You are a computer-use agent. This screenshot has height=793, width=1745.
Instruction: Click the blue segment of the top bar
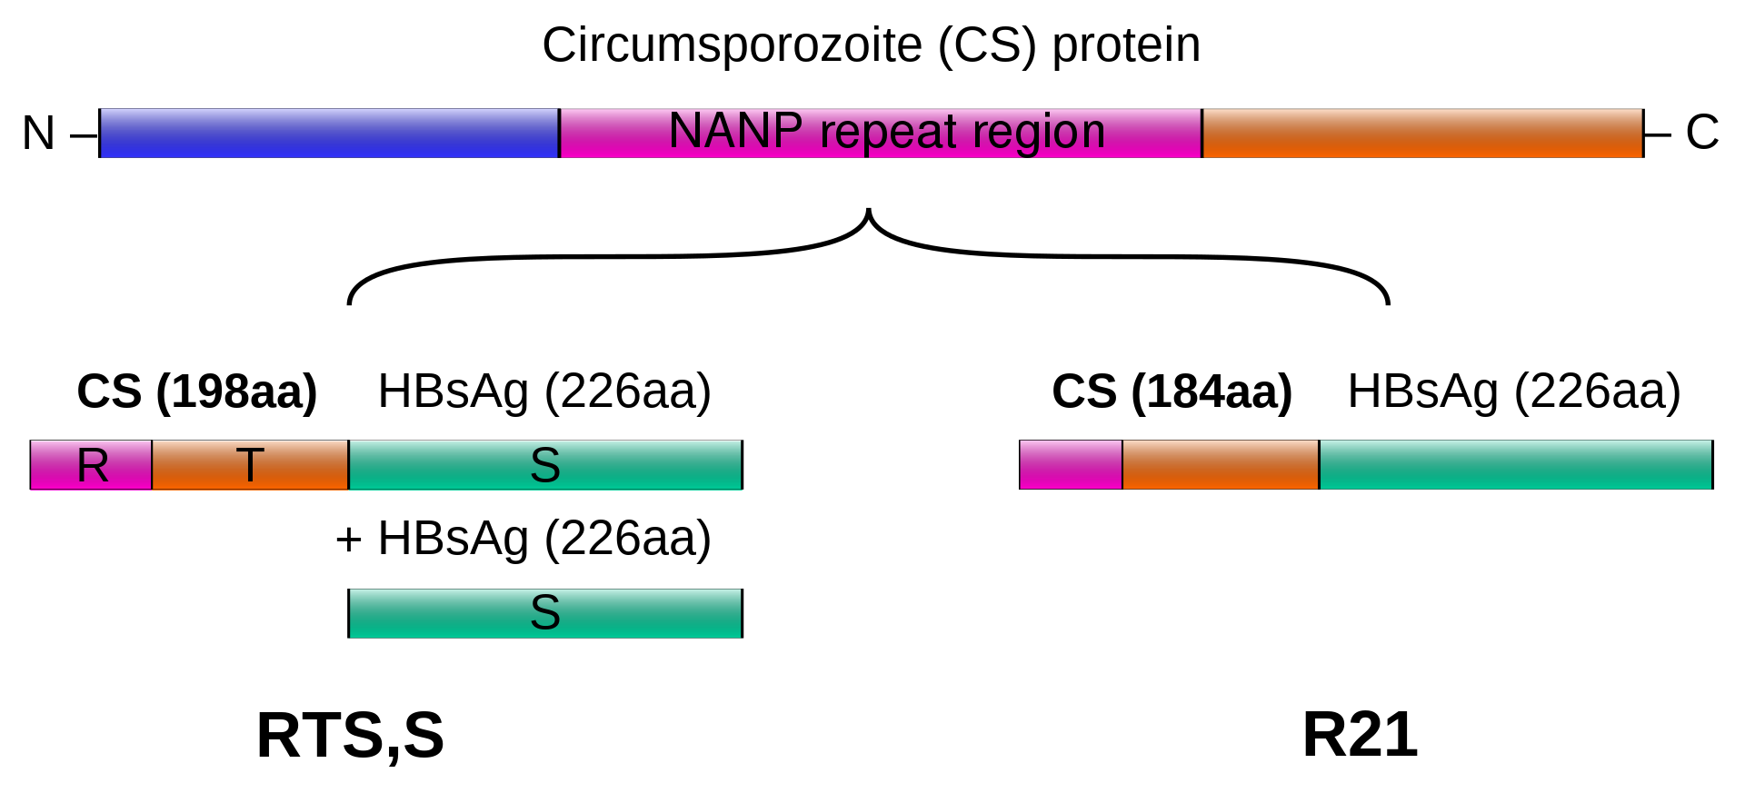[x=329, y=134]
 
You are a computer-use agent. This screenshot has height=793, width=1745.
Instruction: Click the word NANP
[x=735, y=131]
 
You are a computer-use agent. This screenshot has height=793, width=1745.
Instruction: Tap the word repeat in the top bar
[x=889, y=133]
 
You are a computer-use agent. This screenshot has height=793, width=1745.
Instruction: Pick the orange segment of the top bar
[x=1422, y=134]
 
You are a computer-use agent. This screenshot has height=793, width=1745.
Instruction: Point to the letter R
[x=93, y=466]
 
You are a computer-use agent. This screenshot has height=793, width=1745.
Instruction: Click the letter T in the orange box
[x=250, y=465]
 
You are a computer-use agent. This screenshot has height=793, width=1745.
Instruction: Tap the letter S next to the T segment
[x=545, y=466]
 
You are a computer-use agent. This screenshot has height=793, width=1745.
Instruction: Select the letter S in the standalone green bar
[x=545, y=613]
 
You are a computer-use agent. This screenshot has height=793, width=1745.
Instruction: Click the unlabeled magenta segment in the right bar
[x=1071, y=465]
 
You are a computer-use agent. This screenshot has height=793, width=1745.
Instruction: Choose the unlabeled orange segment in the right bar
[x=1221, y=465]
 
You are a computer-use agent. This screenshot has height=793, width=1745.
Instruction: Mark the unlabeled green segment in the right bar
[x=1515, y=465]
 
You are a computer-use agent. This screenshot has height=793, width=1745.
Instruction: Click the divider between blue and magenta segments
[x=559, y=134]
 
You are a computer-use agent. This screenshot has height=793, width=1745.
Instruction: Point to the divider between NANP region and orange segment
[x=1202, y=134]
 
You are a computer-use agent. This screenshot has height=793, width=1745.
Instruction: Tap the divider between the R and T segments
[x=152, y=465]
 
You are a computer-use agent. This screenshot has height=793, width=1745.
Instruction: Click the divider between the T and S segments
[x=349, y=465]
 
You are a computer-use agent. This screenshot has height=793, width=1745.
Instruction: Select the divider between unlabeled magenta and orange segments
[x=1122, y=465]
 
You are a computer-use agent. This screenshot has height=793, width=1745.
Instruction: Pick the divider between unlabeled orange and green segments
[x=1319, y=465]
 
